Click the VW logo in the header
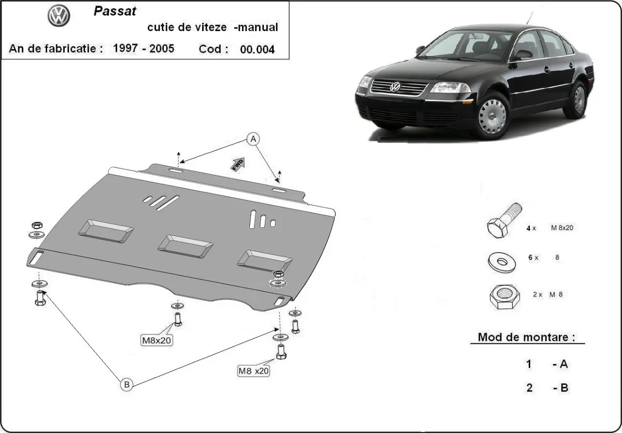[59, 17]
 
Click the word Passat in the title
[116, 10]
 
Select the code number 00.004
[258, 50]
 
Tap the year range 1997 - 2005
[144, 49]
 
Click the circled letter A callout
[253, 139]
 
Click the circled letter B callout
[126, 384]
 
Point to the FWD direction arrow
[238, 164]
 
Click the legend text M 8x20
[563, 228]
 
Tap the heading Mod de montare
[526, 338]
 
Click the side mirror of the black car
[524, 54]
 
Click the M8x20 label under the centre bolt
[157, 340]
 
